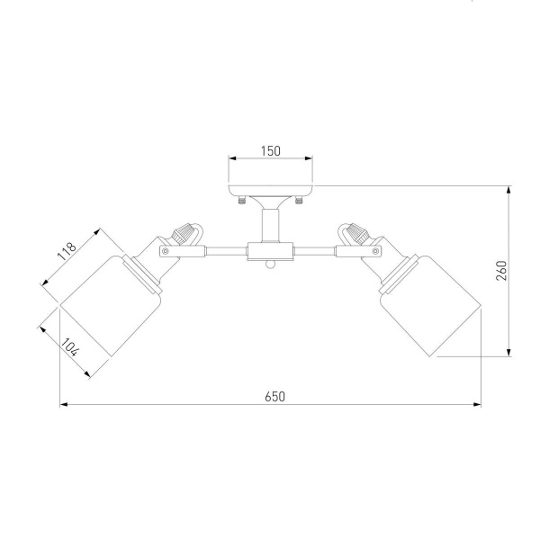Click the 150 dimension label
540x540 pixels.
(x=270, y=151)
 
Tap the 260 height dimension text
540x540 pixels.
(x=502, y=271)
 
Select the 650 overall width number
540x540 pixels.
(x=275, y=397)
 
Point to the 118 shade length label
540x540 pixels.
(x=67, y=251)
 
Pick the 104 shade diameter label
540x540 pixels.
(x=70, y=347)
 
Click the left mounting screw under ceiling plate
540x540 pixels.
(x=242, y=200)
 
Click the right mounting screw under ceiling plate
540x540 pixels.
(x=299, y=200)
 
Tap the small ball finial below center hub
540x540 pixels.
(x=270, y=265)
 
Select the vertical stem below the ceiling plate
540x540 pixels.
(x=270, y=225)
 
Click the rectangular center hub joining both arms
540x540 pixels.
(x=270, y=251)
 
